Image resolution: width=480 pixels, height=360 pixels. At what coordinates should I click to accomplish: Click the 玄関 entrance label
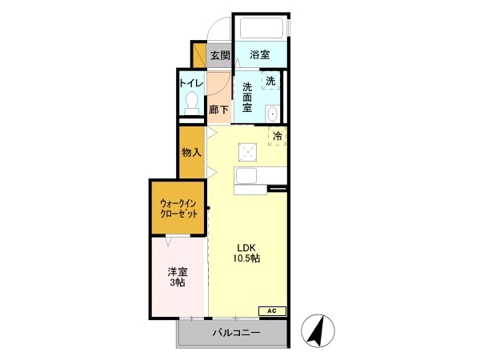pyautogui.click(x=220, y=55)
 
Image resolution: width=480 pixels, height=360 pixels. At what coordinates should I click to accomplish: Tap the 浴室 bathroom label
pyautogui.click(x=259, y=54)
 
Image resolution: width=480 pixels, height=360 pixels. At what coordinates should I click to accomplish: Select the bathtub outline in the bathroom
pyautogui.click(x=261, y=29)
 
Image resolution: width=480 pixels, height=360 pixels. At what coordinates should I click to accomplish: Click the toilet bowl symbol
pyautogui.click(x=192, y=102)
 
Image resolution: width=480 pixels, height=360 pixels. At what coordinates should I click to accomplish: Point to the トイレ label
pyautogui.click(x=192, y=83)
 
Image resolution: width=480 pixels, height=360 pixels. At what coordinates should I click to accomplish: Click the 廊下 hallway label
pyautogui.click(x=218, y=110)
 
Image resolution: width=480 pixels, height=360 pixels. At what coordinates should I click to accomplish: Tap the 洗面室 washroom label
pyautogui.click(x=247, y=98)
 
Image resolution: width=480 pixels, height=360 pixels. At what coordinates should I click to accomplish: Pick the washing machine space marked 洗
pyautogui.click(x=270, y=81)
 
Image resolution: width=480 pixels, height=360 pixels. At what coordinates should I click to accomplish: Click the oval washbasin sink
pyautogui.click(x=272, y=114)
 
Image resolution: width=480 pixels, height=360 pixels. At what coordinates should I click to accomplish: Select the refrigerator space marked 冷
pyautogui.click(x=278, y=136)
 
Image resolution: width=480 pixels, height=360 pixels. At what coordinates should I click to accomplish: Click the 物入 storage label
pyautogui.click(x=192, y=152)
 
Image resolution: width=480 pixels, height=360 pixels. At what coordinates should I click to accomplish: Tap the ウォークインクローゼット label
pyautogui.click(x=178, y=209)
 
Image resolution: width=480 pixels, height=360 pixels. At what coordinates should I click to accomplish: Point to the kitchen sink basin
pyautogui.click(x=246, y=176)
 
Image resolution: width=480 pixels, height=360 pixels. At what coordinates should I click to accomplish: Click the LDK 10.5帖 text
pyautogui.click(x=246, y=253)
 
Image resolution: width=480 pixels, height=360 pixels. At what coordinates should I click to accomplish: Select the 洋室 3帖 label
pyautogui.click(x=178, y=277)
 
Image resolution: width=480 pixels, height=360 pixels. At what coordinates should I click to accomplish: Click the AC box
pyautogui.click(x=272, y=311)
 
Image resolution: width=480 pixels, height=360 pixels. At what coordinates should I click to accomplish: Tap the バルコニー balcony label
pyautogui.click(x=237, y=333)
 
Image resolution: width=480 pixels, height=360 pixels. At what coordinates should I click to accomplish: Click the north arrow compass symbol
pyautogui.click(x=318, y=331)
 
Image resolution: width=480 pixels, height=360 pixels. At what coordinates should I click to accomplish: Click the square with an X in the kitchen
pyautogui.click(x=248, y=152)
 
